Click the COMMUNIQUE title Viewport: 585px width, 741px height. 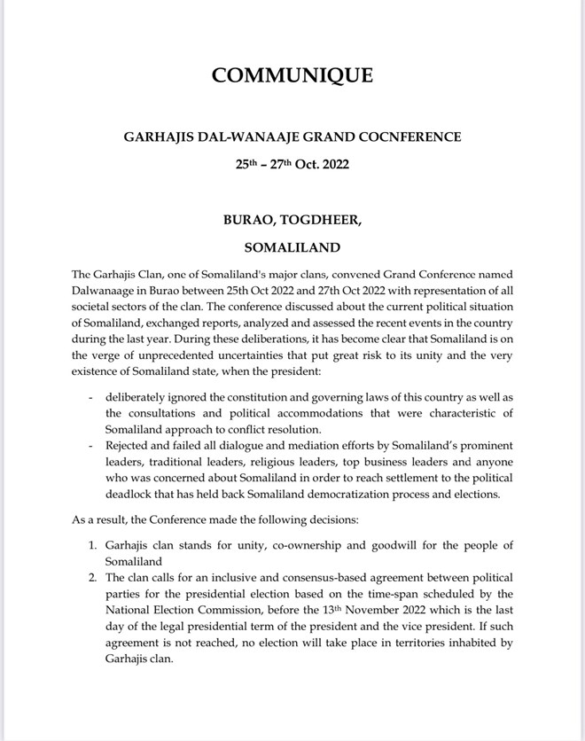coord(292,75)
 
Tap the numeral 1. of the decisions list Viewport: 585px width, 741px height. coord(92,545)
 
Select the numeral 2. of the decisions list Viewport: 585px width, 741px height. coord(92,577)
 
